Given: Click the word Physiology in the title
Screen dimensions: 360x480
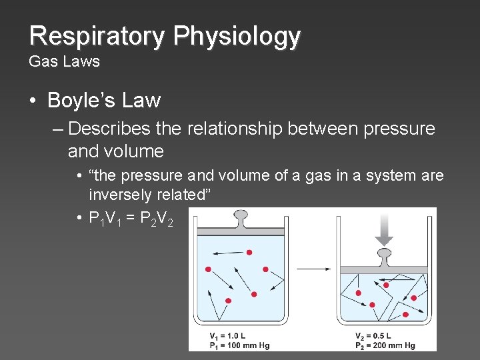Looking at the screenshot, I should click(237, 37).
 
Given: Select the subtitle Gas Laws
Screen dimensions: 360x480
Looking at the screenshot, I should click(64, 62).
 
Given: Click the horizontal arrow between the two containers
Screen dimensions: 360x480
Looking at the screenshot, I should click(314, 269).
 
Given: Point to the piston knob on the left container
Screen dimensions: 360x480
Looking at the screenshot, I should click(240, 216).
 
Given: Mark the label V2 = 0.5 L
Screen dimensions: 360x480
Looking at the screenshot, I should click(373, 335).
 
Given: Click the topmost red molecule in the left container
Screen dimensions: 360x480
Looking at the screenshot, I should click(249, 253).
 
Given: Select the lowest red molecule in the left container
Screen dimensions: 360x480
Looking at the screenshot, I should click(229, 301).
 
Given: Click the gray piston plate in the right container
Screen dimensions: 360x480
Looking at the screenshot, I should click(383, 269).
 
